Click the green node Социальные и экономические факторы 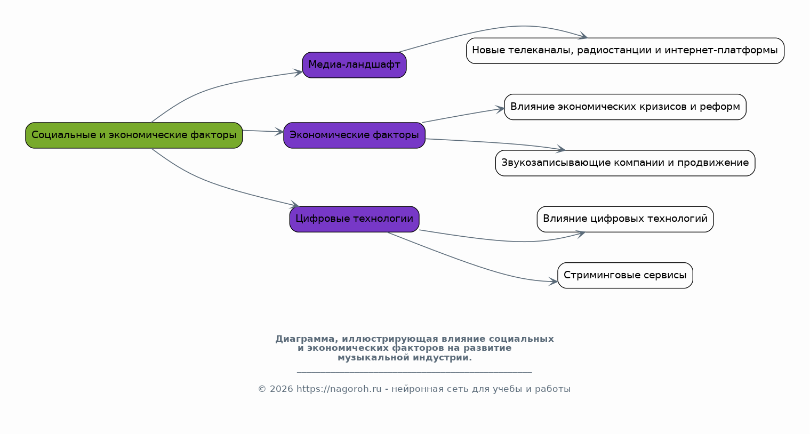134,135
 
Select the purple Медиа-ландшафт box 354,65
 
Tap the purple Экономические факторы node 354,135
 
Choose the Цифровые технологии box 354,219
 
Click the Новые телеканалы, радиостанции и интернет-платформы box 625,51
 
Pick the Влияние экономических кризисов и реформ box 625,107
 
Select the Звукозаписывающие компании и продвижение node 625,163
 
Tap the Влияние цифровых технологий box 625,219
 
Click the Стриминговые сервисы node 625,276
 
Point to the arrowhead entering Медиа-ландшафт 299,72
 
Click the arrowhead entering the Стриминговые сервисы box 554,282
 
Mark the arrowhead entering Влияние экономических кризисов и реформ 501,109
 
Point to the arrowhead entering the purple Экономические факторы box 280,132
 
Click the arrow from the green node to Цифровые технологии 213,184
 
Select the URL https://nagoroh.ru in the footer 339,389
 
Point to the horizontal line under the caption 414,372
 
